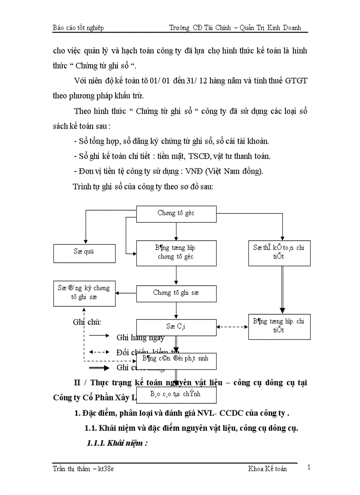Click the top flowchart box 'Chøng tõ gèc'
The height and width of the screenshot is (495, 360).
[176, 213]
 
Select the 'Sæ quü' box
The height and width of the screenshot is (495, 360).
[84, 252]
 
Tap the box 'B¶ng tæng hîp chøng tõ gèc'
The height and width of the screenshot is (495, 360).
[176, 253]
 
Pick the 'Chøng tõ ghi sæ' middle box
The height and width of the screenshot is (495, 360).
[176, 293]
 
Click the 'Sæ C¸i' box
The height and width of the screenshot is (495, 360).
[176, 327]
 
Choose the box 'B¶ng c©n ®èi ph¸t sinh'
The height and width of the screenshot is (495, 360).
[176, 358]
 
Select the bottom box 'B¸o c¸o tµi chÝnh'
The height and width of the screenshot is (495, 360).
[176, 395]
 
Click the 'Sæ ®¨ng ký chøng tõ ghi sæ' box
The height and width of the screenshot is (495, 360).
[84, 293]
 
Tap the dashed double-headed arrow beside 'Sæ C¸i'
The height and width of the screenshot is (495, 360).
[232, 327]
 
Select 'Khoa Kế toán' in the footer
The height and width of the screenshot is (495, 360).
[267, 469]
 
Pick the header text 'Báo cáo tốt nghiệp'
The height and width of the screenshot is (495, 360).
[78, 28]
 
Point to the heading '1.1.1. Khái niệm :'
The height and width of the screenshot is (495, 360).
[117, 443]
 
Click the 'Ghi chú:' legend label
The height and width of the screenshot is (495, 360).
[87, 322]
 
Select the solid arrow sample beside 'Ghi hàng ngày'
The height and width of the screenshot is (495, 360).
[99, 336]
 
